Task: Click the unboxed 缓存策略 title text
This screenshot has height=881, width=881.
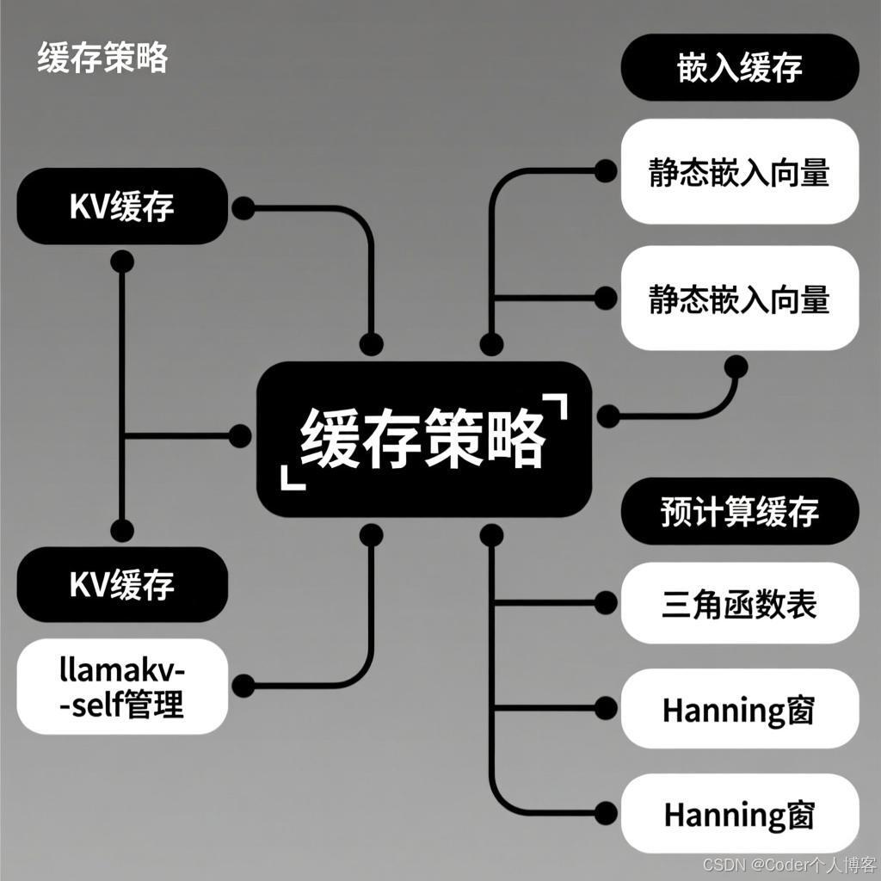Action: (102, 59)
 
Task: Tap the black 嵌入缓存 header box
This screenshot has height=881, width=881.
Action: (739, 68)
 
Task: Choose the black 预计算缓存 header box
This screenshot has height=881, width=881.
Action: (739, 511)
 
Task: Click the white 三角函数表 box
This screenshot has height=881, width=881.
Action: (739, 603)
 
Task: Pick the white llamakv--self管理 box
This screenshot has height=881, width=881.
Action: (122, 687)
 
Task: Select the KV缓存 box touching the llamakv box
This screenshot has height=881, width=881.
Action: (122, 584)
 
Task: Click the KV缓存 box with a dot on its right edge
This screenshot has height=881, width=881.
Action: (122, 206)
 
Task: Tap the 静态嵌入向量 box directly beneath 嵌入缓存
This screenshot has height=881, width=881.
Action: (739, 172)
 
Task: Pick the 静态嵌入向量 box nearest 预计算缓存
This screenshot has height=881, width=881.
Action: (739, 299)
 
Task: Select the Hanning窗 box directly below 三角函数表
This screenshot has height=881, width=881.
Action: (739, 710)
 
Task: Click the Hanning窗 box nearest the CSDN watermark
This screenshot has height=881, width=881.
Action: (739, 814)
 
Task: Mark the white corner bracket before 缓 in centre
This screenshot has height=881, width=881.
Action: (292, 479)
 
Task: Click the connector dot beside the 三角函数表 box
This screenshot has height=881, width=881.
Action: (606, 602)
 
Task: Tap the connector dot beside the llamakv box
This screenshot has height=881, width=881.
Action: (243, 686)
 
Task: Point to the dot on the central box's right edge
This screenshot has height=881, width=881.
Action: (608, 416)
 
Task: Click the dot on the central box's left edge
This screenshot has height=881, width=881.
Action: (241, 436)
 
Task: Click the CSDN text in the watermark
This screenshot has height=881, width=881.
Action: (721, 864)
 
